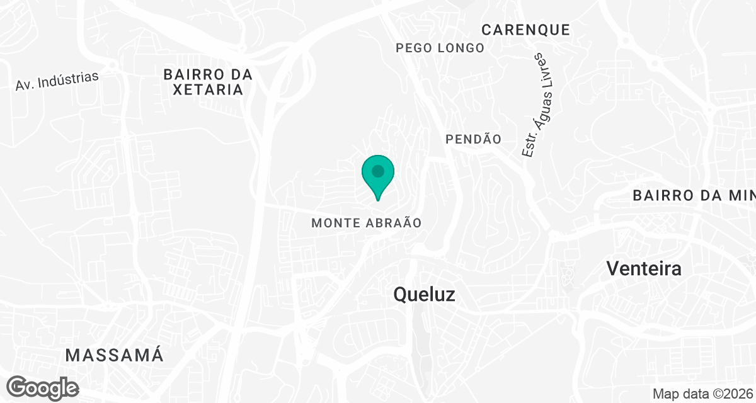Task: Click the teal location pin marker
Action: point(378,176)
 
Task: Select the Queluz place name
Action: point(424,294)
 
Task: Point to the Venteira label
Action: point(644,269)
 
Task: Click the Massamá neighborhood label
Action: point(115,355)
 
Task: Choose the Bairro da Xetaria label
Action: point(208,82)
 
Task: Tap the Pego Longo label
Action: point(440,48)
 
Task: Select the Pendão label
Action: point(473,139)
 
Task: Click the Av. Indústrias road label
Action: point(57,81)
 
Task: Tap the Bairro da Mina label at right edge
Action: point(694,196)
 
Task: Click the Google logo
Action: point(43,387)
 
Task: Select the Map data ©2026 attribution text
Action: point(702,394)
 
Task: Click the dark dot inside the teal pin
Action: point(378,171)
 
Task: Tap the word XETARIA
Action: point(208,89)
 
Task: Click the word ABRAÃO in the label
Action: point(391,223)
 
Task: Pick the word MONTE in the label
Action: point(334,223)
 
